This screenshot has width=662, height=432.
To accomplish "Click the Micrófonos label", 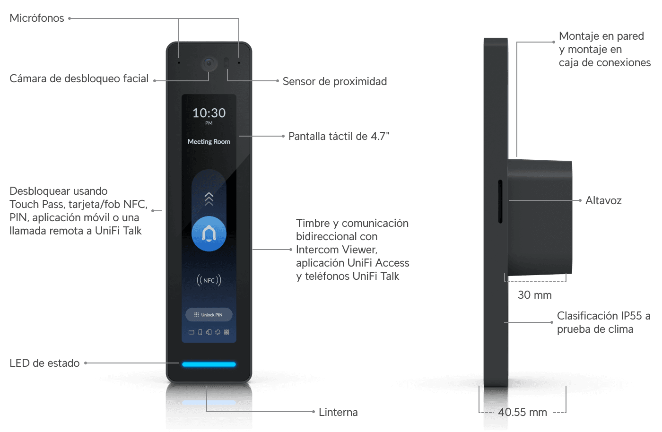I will (x=36, y=18).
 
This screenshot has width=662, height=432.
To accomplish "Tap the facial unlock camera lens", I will (x=209, y=63).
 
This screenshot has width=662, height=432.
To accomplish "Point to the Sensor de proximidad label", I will (x=335, y=81).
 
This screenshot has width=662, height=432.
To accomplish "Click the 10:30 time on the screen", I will (x=209, y=113).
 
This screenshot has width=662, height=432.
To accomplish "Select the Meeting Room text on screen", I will (x=209, y=141).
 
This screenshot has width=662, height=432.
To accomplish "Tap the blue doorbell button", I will (x=209, y=233).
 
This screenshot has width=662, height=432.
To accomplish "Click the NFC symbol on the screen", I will (x=209, y=280).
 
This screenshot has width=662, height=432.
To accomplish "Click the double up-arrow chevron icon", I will (x=209, y=199).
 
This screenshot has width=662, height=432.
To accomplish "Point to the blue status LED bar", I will (x=209, y=364).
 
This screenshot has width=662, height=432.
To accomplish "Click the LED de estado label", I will (x=44, y=363).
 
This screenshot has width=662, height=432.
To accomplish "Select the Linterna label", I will (x=338, y=412).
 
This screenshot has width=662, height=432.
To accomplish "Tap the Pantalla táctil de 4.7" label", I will (x=339, y=136).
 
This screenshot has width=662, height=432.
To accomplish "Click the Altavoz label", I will (x=603, y=200).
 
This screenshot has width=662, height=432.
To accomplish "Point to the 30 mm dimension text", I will (x=534, y=295).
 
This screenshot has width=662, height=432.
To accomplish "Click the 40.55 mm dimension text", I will (x=523, y=412).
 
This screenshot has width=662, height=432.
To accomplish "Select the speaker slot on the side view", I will (x=500, y=201).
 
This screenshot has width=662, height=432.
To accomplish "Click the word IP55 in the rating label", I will (x=631, y=316).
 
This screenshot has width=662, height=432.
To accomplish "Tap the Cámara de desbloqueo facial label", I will (x=79, y=78).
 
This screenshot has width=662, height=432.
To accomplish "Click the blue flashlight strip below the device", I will (x=209, y=403).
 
